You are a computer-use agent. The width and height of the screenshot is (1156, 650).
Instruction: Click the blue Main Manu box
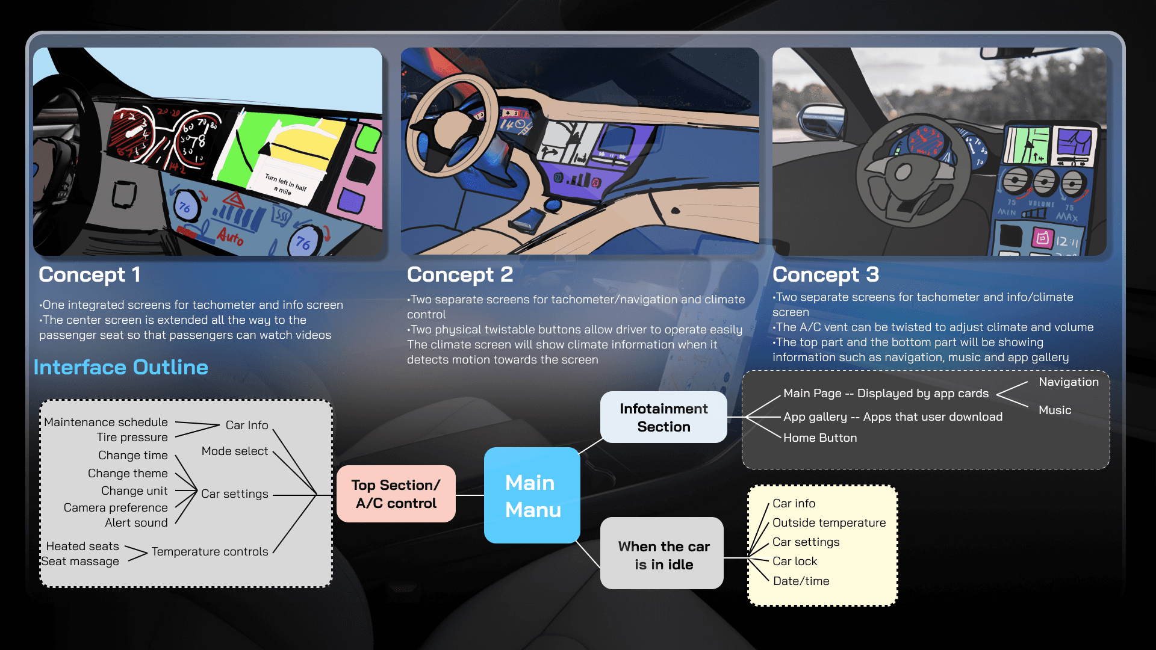click(x=532, y=495)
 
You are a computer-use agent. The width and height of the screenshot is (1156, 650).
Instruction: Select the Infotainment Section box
click(x=663, y=417)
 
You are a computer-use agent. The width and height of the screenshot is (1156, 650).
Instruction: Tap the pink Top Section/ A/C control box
click(x=396, y=494)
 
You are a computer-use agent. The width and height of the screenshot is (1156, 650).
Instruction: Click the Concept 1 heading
click(x=90, y=274)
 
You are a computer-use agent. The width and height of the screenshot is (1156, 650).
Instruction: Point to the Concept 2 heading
click(x=460, y=274)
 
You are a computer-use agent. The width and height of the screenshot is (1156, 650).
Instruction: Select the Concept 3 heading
click(x=825, y=274)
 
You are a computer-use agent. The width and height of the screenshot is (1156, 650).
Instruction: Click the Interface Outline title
click(x=121, y=367)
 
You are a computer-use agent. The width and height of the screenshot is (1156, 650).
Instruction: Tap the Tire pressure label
click(x=132, y=438)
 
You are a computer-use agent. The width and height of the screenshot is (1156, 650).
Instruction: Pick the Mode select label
click(x=235, y=451)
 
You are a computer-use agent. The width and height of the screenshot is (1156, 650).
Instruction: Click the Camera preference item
click(x=116, y=508)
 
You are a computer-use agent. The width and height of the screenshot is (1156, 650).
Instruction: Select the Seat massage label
click(x=80, y=562)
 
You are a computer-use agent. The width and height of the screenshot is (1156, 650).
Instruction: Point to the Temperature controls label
click(x=210, y=552)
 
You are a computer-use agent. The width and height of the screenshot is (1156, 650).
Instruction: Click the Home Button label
click(x=820, y=438)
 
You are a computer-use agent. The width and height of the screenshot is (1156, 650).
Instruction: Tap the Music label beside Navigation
click(x=1055, y=410)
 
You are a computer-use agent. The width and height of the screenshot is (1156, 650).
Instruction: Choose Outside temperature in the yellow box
click(x=829, y=523)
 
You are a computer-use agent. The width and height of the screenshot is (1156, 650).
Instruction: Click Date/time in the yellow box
click(x=801, y=581)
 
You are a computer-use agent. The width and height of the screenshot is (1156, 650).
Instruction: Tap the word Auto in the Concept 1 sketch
click(x=231, y=236)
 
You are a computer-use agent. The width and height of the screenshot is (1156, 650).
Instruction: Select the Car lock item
click(x=795, y=562)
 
